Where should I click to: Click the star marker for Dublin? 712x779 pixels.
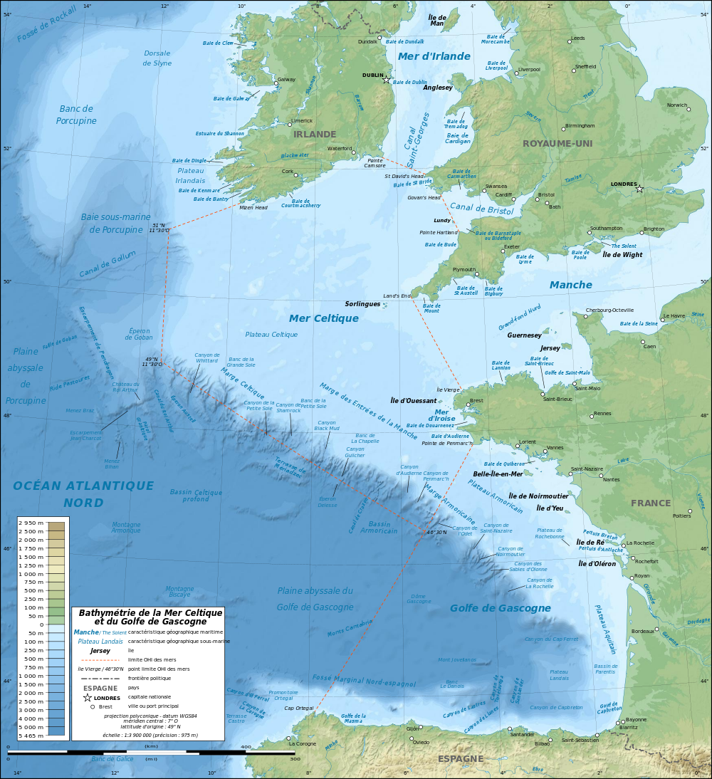pos(387,80)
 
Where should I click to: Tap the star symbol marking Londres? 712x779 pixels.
pos(639,189)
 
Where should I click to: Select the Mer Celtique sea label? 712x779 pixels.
pos(323,318)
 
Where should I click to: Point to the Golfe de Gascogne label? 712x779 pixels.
pos(500,608)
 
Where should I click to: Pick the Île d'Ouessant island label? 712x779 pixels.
pos(414,400)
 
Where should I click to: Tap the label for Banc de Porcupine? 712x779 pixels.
pos(76,115)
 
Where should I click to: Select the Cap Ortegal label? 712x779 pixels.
pos(298,708)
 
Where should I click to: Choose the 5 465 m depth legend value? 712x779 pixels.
pos(31,735)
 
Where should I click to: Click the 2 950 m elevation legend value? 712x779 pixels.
pos(31,523)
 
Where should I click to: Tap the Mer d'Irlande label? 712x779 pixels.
pos(434,56)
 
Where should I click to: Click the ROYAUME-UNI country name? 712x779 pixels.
pos(557,143)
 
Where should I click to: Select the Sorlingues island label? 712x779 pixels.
pos(363,303)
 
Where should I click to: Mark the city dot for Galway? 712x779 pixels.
pos(277,83)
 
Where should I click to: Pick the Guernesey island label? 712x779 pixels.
pos(525,335)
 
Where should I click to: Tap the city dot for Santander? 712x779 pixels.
pos(510,729)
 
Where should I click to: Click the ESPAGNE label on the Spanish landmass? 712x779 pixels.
pos(461,758)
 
